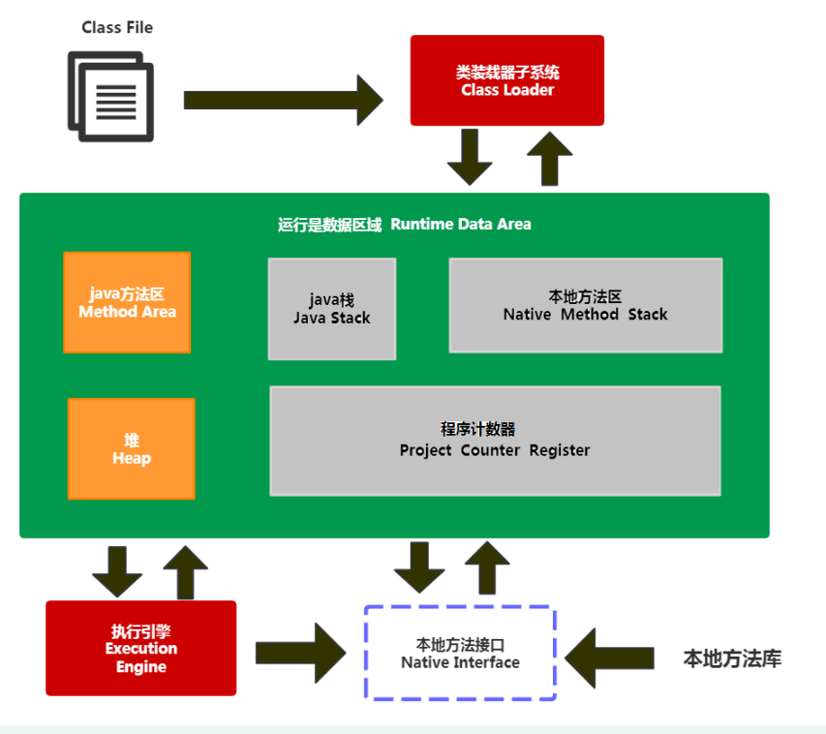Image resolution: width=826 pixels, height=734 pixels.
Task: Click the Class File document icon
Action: (110, 97)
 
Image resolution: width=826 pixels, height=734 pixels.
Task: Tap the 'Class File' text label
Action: (117, 27)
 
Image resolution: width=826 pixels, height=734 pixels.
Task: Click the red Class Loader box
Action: (506, 80)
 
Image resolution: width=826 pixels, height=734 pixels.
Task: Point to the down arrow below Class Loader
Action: (470, 156)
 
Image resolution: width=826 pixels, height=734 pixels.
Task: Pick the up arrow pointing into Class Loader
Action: (550, 156)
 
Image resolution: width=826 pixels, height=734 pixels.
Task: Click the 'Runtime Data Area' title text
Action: (404, 224)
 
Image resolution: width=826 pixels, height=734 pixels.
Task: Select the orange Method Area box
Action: (127, 302)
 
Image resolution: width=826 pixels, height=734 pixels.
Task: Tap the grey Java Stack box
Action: (332, 309)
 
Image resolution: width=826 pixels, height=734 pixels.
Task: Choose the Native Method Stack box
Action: (585, 305)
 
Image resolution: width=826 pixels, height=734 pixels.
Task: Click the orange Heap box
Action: (131, 448)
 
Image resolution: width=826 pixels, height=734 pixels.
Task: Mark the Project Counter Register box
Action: (495, 441)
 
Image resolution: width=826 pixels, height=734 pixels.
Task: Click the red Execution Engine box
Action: (140, 648)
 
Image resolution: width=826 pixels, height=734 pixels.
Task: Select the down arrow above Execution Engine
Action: (117, 572)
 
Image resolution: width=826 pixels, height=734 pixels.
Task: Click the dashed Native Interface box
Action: (460, 654)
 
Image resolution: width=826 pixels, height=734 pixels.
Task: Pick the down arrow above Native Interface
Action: (419, 567)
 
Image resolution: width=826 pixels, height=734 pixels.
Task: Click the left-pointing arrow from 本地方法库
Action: (607, 657)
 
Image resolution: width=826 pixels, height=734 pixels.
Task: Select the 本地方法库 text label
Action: (731, 659)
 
